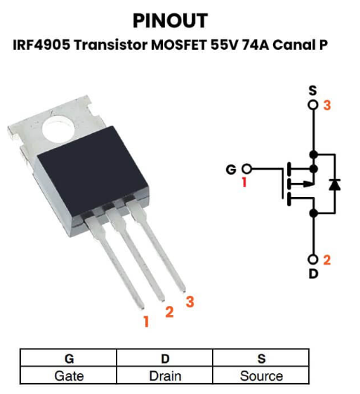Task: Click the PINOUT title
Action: point(170,21)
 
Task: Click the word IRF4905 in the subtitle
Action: point(42,45)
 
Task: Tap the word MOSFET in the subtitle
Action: point(179,45)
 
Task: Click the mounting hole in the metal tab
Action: point(58,129)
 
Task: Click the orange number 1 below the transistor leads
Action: point(147,321)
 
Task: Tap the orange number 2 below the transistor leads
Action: point(170,311)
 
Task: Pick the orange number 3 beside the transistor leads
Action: point(190,302)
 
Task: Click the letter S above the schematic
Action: point(312,91)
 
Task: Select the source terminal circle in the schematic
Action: point(313,105)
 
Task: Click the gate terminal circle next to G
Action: point(247,169)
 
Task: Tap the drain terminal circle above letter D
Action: point(313,259)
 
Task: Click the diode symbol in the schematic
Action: point(335,184)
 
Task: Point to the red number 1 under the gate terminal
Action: point(244,182)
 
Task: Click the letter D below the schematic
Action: point(313,274)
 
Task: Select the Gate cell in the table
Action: point(68,375)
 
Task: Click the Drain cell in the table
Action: point(164,375)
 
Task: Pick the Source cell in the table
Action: point(261,375)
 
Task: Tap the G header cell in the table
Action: point(68,358)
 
